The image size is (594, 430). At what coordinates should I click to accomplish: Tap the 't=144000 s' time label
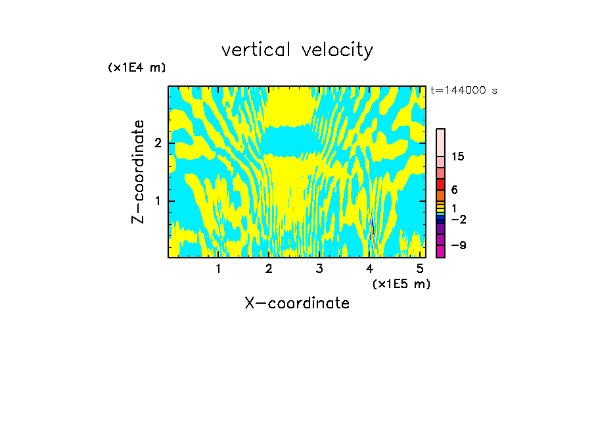463,90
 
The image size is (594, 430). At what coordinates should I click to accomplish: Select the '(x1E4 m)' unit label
137,68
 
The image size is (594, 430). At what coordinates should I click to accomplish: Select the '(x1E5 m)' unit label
401,283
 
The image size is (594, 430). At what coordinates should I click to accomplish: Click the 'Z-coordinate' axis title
138,172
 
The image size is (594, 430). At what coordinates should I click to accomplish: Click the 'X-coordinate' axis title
297,303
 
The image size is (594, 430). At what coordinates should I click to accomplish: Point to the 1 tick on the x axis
219,268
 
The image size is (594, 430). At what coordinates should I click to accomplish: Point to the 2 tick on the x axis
269,268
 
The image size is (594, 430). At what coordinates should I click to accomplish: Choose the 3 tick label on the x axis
319,268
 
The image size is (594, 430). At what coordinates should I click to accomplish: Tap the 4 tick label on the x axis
370,268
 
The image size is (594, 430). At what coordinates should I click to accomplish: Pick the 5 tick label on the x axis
420,268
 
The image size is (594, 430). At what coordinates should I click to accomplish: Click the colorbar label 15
458,156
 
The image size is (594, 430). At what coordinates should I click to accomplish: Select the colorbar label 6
454,190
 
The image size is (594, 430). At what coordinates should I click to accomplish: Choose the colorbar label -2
459,219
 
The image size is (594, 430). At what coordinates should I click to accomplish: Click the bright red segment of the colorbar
440,184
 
